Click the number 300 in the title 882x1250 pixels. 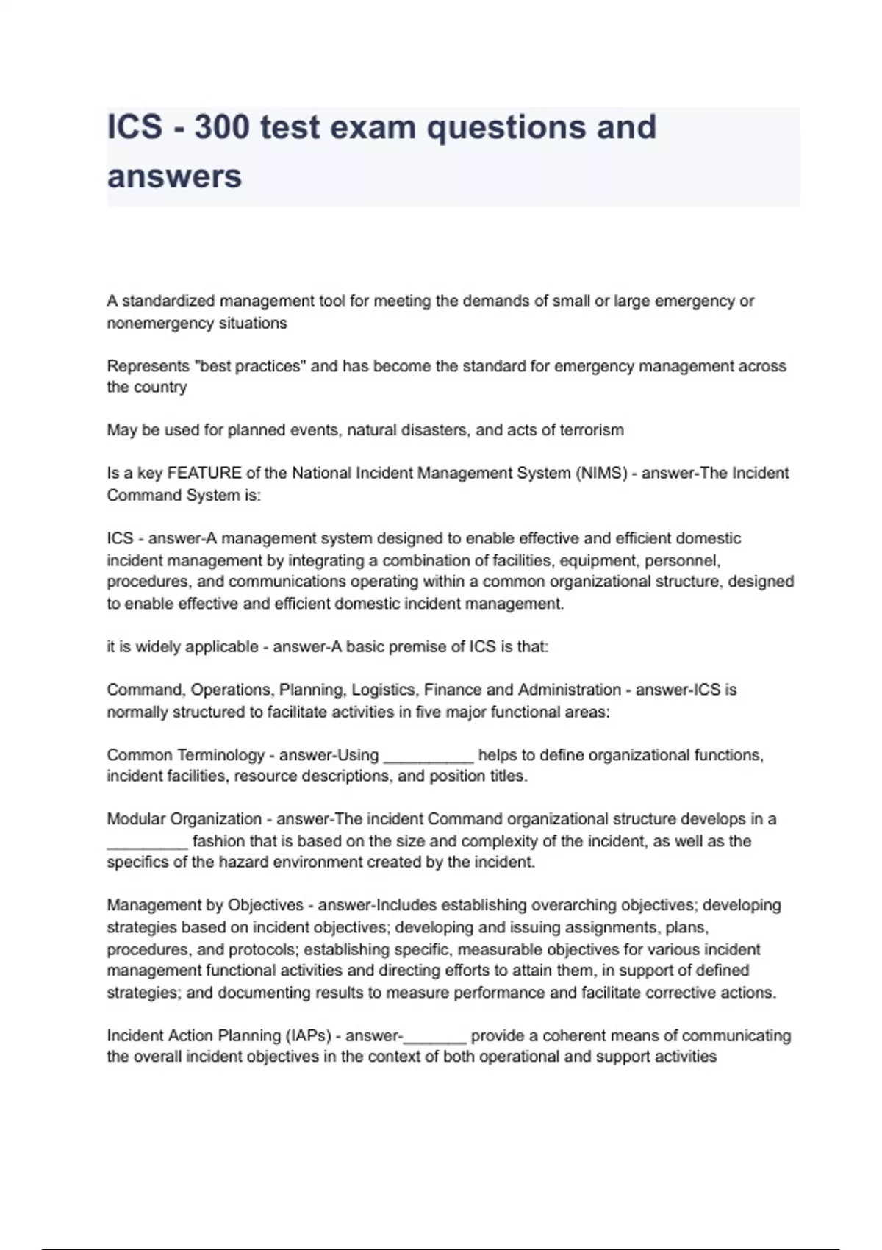[220, 127]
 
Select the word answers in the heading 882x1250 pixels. [174, 176]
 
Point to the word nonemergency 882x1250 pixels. [152, 323]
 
